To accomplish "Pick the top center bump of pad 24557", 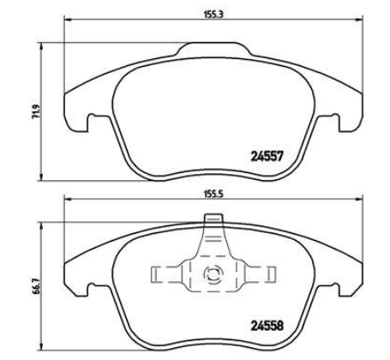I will point(210,48).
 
